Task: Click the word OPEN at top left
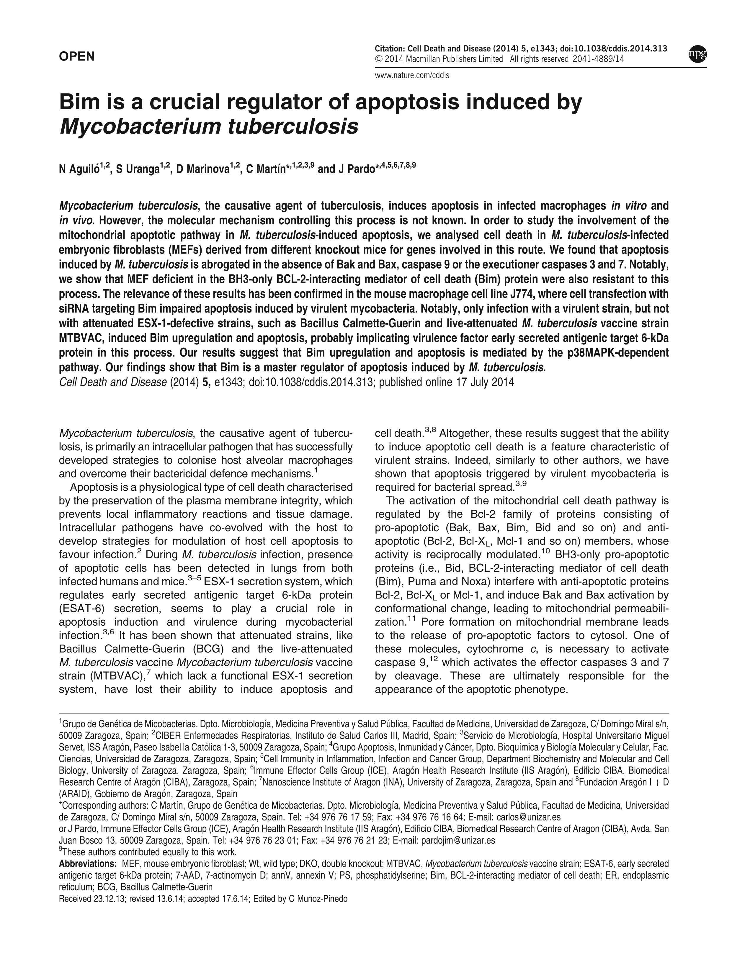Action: pos(77,56)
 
